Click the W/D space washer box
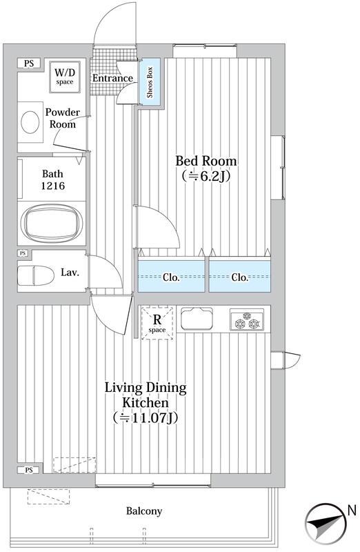coord(64,77)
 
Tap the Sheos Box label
coord(150,82)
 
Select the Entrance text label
coord(112,78)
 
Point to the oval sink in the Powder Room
coord(30,122)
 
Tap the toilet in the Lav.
coord(36,275)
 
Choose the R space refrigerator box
coord(157,323)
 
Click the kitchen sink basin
coord(197,319)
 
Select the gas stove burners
coord(247,320)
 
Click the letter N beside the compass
coord(352,511)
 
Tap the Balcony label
coord(144,511)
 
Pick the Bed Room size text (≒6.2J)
coord(206,176)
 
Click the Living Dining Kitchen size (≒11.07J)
coord(146,417)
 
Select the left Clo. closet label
coord(171,277)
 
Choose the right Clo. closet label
coord(239,277)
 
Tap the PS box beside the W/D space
coord(29,63)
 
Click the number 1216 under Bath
coord(53,186)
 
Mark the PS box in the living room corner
coord(29,470)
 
